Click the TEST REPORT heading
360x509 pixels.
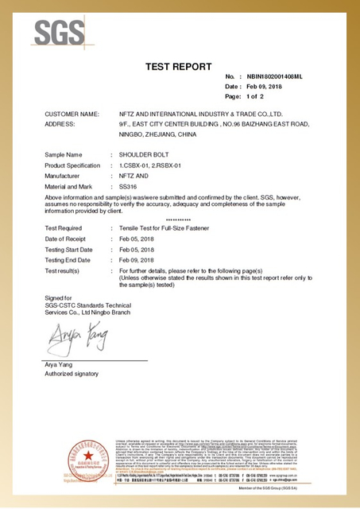[x=180, y=67]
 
